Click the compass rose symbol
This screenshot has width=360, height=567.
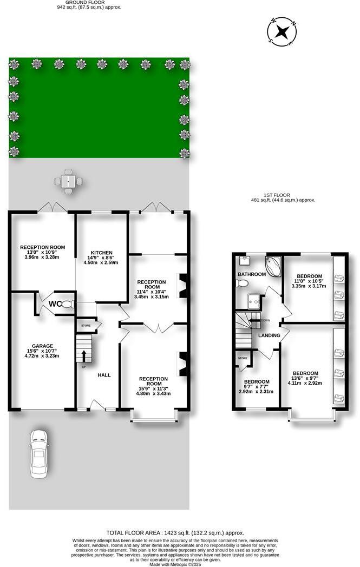click(282, 31)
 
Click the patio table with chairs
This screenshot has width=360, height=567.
click(68, 181)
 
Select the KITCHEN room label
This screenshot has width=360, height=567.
click(102, 253)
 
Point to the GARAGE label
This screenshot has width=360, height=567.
click(42, 346)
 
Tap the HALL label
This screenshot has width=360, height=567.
click(104, 374)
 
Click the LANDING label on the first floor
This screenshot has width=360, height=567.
click(269, 335)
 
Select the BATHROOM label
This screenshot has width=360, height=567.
click(252, 274)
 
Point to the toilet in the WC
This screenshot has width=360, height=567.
click(67, 304)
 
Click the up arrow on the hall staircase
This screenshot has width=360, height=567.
click(84, 355)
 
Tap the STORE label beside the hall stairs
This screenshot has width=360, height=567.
click(86, 326)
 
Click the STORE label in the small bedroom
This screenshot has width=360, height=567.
click(243, 358)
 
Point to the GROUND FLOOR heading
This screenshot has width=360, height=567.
click(90, 2)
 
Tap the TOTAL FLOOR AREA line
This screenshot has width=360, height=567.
click(180, 532)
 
